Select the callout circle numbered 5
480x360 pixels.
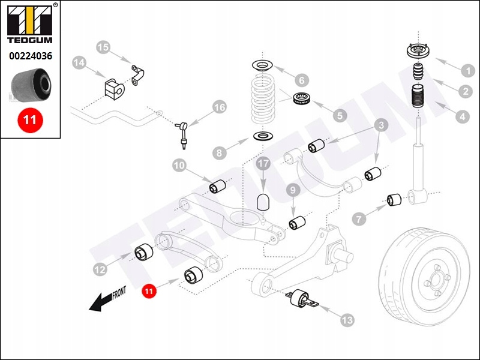(x=340, y=115)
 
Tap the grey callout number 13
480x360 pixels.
(x=347, y=320)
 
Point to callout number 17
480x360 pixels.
(x=262, y=163)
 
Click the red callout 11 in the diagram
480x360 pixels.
(x=149, y=291)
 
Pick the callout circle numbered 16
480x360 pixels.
(x=219, y=107)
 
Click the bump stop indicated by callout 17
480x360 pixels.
(x=262, y=201)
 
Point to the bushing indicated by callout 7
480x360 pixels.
(x=394, y=200)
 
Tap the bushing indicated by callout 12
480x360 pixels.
(x=144, y=253)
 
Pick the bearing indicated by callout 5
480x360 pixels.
(x=301, y=99)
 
